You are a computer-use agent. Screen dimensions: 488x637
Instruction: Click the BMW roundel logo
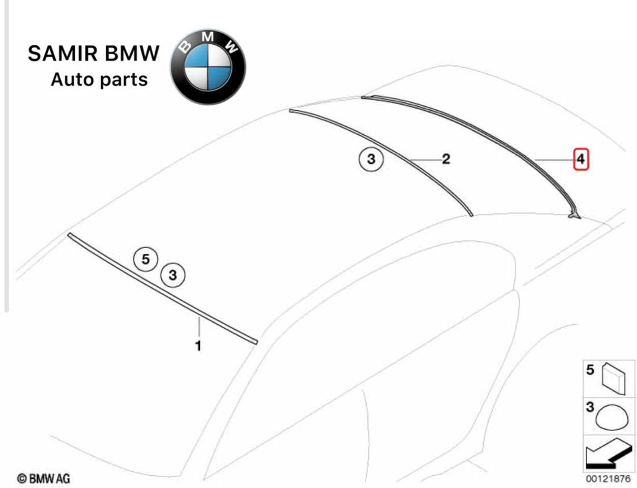point(207,67)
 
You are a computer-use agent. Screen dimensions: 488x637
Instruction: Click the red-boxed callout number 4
point(581,160)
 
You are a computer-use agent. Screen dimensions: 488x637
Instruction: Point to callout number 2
point(446,159)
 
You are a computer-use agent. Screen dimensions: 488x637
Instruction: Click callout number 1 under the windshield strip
point(198,346)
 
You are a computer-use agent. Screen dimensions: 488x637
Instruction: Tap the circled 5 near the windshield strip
point(146,259)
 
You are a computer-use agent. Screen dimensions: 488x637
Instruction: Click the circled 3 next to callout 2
point(371,159)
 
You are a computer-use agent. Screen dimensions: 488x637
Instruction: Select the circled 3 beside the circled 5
point(173,275)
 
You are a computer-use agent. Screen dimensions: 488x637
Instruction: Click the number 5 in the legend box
point(590,370)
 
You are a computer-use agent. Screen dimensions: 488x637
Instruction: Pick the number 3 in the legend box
point(590,407)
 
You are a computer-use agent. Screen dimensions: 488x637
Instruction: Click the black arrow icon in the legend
point(608,453)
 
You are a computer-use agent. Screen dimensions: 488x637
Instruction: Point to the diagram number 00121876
point(608,479)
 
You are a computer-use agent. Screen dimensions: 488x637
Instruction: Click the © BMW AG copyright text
point(44,478)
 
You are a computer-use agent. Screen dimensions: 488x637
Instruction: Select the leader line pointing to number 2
point(426,160)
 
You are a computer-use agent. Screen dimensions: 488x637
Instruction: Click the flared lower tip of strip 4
point(574,215)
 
